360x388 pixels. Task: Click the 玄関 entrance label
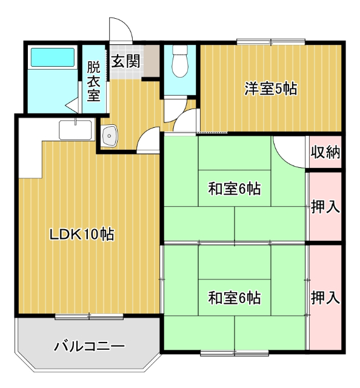[125, 61]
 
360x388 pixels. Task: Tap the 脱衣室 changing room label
[93, 81]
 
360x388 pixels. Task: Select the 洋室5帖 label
[270, 89]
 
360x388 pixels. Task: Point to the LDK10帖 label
[82, 234]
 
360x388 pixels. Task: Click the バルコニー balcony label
[89, 347]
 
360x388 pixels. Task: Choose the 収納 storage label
[325, 152]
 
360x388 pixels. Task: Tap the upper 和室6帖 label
[235, 189]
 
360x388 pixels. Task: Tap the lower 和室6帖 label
[235, 298]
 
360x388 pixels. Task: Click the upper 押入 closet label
[325, 207]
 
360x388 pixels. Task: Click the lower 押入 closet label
[325, 298]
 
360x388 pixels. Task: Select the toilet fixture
[179, 62]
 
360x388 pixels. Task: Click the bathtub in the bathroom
[53, 58]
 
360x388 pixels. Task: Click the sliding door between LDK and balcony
[89, 316]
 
